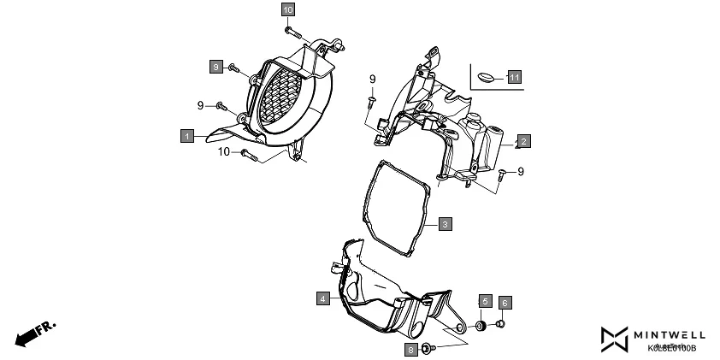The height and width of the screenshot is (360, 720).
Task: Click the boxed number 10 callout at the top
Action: click(288, 9)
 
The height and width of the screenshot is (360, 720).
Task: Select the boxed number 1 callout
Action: click(186, 135)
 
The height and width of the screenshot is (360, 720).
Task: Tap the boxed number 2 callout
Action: click(522, 140)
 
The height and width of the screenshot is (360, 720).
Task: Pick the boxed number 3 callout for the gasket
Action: click(445, 224)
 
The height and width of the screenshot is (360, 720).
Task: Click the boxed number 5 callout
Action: click(505, 303)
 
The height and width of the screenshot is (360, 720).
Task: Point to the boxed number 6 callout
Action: click(505, 303)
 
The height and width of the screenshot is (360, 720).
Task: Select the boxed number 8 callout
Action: click(412, 350)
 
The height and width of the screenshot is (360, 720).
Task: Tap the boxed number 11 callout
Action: click(514, 77)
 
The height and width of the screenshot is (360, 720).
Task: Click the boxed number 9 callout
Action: click(217, 66)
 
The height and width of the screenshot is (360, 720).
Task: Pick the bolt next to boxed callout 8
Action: click(433, 348)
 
